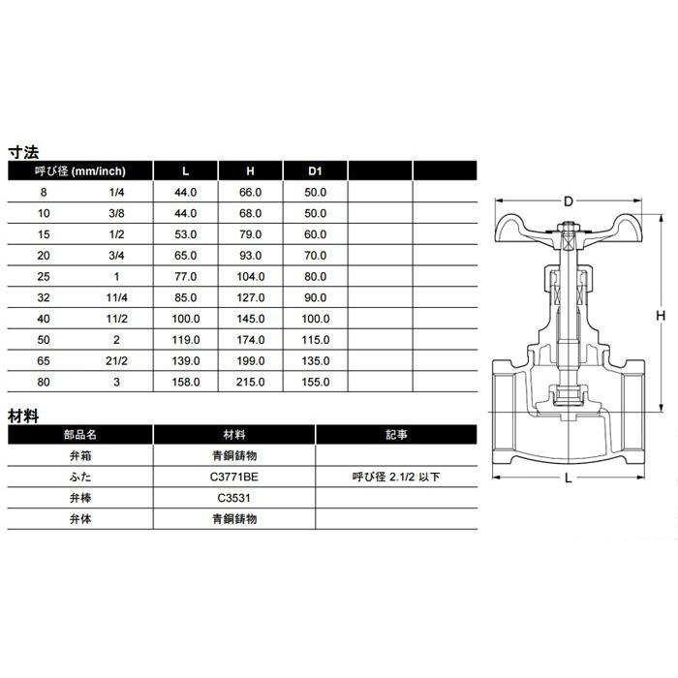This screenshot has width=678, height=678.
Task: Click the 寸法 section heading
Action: (x=23, y=152)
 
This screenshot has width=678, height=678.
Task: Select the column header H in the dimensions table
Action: (x=249, y=171)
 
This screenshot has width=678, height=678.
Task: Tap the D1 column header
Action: (x=314, y=171)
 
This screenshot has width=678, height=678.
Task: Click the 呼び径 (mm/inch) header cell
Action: (x=80, y=171)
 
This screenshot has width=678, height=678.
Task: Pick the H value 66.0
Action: (x=249, y=193)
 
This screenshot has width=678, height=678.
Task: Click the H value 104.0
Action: (x=249, y=277)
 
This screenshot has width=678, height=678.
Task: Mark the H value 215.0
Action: (x=249, y=383)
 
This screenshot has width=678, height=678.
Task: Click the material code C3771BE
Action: (x=234, y=477)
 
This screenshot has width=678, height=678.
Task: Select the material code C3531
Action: (x=234, y=498)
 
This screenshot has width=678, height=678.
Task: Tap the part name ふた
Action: (x=80, y=477)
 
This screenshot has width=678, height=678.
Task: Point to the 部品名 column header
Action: (x=80, y=435)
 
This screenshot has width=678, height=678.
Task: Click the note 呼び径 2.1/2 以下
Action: (x=396, y=477)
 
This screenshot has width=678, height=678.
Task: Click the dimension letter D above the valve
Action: (x=569, y=201)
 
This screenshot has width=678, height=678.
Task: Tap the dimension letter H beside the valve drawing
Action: (x=660, y=316)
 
